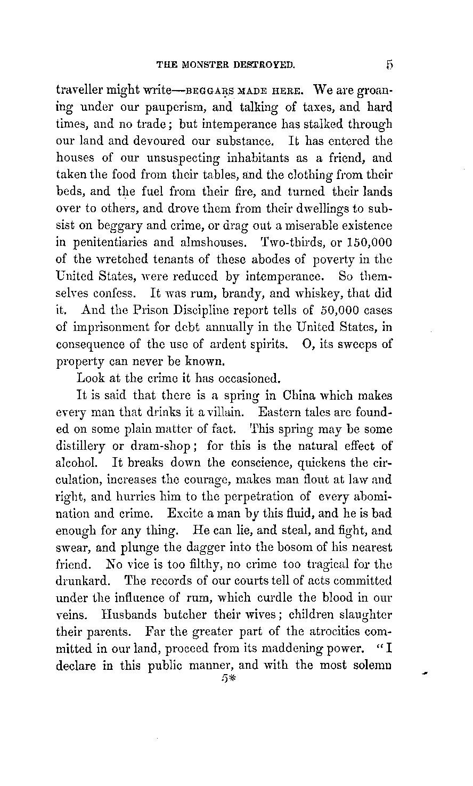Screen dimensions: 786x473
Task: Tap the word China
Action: pyautogui.click(x=303, y=396)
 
